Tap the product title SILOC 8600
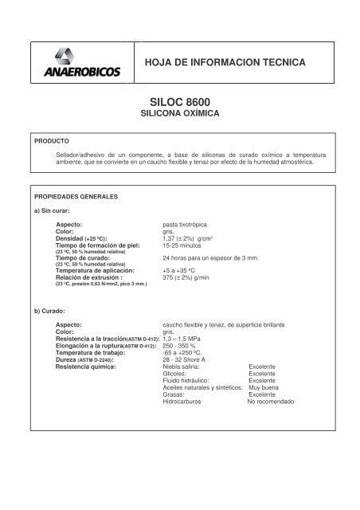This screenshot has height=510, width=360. click(x=179, y=103)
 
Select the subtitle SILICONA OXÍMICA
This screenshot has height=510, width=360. click(x=179, y=115)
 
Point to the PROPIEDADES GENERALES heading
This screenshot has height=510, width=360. click(x=76, y=195)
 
